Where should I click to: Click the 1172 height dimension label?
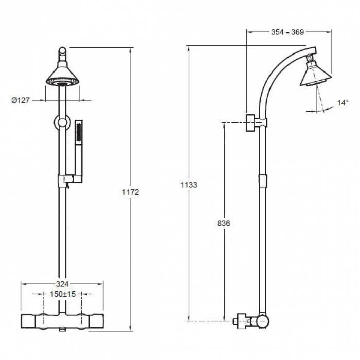(131, 192)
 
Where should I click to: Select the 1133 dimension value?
(189, 185)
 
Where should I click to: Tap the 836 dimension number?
(224, 223)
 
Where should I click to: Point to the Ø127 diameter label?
(21, 100)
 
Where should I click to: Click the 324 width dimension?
(62, 284)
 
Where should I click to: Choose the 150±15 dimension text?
(63, 294)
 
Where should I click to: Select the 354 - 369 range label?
(287, 32)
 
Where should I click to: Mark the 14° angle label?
(343, 103)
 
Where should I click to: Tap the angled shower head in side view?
(316, 74)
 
